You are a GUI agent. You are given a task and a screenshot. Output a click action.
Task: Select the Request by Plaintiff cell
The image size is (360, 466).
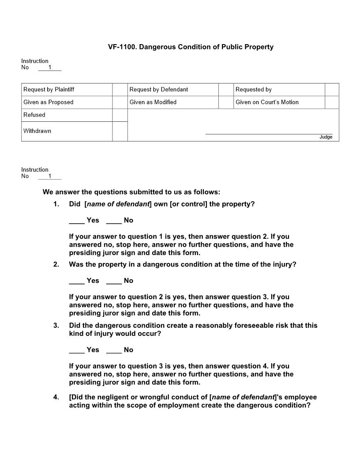(49, 90)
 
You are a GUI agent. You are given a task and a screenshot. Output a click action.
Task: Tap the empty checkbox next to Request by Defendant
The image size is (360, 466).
(225, 90)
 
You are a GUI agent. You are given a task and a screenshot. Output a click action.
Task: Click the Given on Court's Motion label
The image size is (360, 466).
(267, 102)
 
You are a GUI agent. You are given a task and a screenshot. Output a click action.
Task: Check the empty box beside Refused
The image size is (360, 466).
(120, 115)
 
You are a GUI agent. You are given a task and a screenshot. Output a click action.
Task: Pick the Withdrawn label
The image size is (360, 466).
(37, 131)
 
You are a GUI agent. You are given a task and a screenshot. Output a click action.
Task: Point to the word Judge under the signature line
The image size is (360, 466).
(326, 137)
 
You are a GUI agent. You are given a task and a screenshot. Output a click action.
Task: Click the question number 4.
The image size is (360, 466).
(56, 397)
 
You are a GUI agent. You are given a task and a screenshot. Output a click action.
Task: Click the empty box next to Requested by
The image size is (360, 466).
(332, 90)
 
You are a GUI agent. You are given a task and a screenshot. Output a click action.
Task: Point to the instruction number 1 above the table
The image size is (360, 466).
(50, 68)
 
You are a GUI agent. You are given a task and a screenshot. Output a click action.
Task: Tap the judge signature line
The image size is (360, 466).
(269, 133)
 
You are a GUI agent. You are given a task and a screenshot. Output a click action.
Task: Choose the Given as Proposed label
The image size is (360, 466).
(48, 102)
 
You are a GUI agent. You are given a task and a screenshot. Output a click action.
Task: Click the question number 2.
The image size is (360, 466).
(56, 265)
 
